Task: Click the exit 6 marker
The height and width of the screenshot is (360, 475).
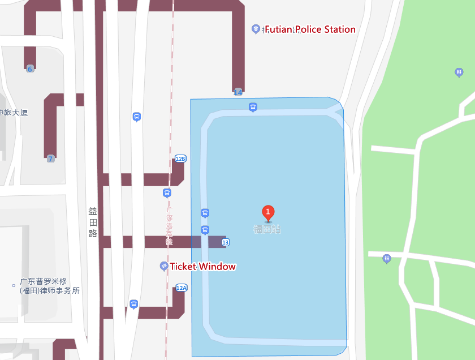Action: (x=30, y=68)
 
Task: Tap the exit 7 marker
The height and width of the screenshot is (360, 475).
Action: (x=50, y=158)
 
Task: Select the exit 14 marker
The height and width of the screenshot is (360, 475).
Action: (x=237, y=92)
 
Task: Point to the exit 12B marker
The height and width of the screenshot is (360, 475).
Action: (x=180, y=158)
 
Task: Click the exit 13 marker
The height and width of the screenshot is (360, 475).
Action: (x=226, y=242)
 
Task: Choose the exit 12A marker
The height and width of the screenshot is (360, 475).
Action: (x=182, y=288)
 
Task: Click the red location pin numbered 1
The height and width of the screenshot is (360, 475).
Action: (x=268, y=213)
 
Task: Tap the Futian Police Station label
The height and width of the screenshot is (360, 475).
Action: (x=310, y=29)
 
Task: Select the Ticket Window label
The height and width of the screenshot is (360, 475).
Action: (x=203, y=266)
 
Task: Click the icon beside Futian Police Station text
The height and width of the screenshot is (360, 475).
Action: (x=256, y=28)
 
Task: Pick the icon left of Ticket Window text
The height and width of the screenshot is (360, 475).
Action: (x=164, y=266)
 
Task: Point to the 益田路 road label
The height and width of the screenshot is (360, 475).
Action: (x=93, y=222)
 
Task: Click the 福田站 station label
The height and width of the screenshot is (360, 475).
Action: (x=267, y=229)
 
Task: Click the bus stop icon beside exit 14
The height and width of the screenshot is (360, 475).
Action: (x=253, y=106)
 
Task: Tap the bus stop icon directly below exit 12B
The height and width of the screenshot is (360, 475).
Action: (x=167, y=193)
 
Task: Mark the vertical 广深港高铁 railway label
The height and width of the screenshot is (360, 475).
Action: (x=169, y=225)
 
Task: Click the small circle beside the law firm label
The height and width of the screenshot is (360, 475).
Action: (x=14, y=285)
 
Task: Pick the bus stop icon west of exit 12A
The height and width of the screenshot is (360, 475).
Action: (x=133, y=304)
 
